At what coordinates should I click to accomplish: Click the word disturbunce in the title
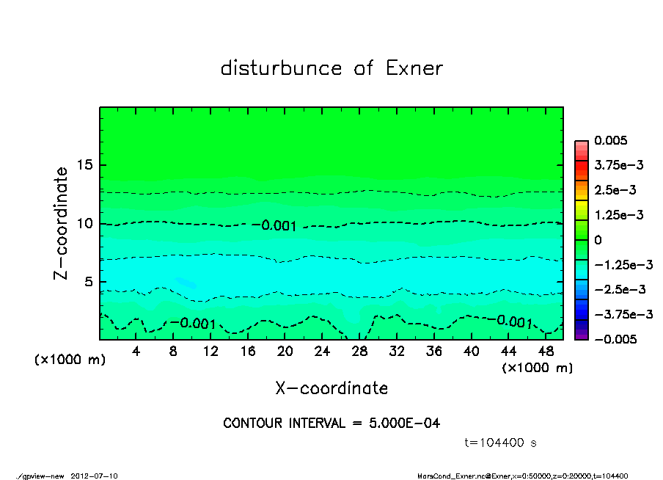tap(282, 68)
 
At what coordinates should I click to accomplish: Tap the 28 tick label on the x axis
tap(359, 352)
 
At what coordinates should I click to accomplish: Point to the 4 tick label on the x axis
tap(136, 352)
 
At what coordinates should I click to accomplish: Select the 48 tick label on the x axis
tap(545, 352)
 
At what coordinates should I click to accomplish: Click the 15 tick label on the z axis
tap(84, 165)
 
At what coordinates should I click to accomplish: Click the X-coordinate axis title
tap(331, 388)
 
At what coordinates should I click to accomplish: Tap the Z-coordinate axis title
tap(62, 223)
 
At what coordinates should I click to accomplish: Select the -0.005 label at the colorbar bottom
tap(615, 339)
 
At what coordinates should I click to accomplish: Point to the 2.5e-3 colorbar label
tap(615, 190)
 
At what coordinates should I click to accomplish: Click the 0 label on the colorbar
tap(598, 240)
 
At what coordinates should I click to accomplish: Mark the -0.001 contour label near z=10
tap(279, 226)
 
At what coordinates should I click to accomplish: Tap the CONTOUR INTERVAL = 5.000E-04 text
tap(331, 423)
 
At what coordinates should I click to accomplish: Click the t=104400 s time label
tap(501, 443)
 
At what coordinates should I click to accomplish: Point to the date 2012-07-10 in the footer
tap(95, 476)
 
